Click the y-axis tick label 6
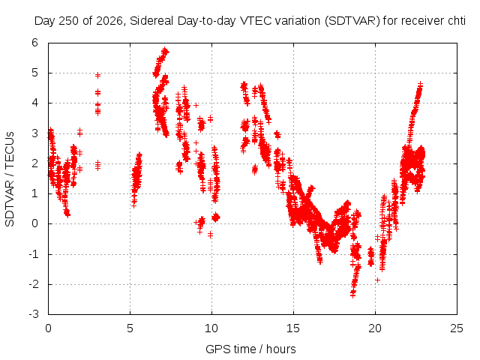[x=35, y=43]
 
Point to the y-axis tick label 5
[x=35, y=73]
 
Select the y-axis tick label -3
[x=34, y=314]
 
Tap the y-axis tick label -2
[x=34, y=284]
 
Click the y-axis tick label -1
[x=34, y=254]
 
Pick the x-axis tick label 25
[x=457, y=328]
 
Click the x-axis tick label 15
[x=293, y=328]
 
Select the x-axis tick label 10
[x=211, y=328]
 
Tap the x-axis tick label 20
[x=375, y=328]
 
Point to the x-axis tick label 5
[x=130, y=328]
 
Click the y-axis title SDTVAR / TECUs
[x=10, y=179]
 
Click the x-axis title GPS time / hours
[x=250, y=349]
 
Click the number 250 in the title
[x=68, y=21]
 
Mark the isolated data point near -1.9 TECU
[x=377, y=280]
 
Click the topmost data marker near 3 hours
[x=97, y=75]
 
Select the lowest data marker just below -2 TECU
[x=352, y=295]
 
